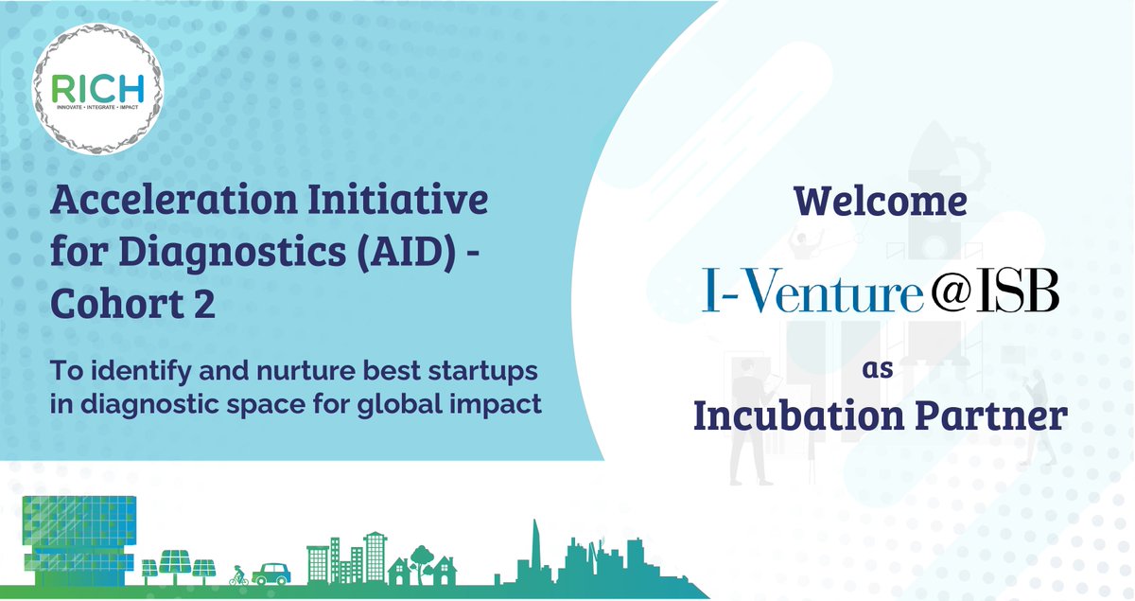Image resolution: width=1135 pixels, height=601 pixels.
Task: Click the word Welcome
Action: (x=880, y=201)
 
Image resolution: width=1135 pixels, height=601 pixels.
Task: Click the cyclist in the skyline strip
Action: (x=238, y=575)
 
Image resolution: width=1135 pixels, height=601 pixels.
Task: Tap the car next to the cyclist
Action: (x=272, y=572)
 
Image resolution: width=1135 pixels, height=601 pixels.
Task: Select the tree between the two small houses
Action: (x=417, y=559)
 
